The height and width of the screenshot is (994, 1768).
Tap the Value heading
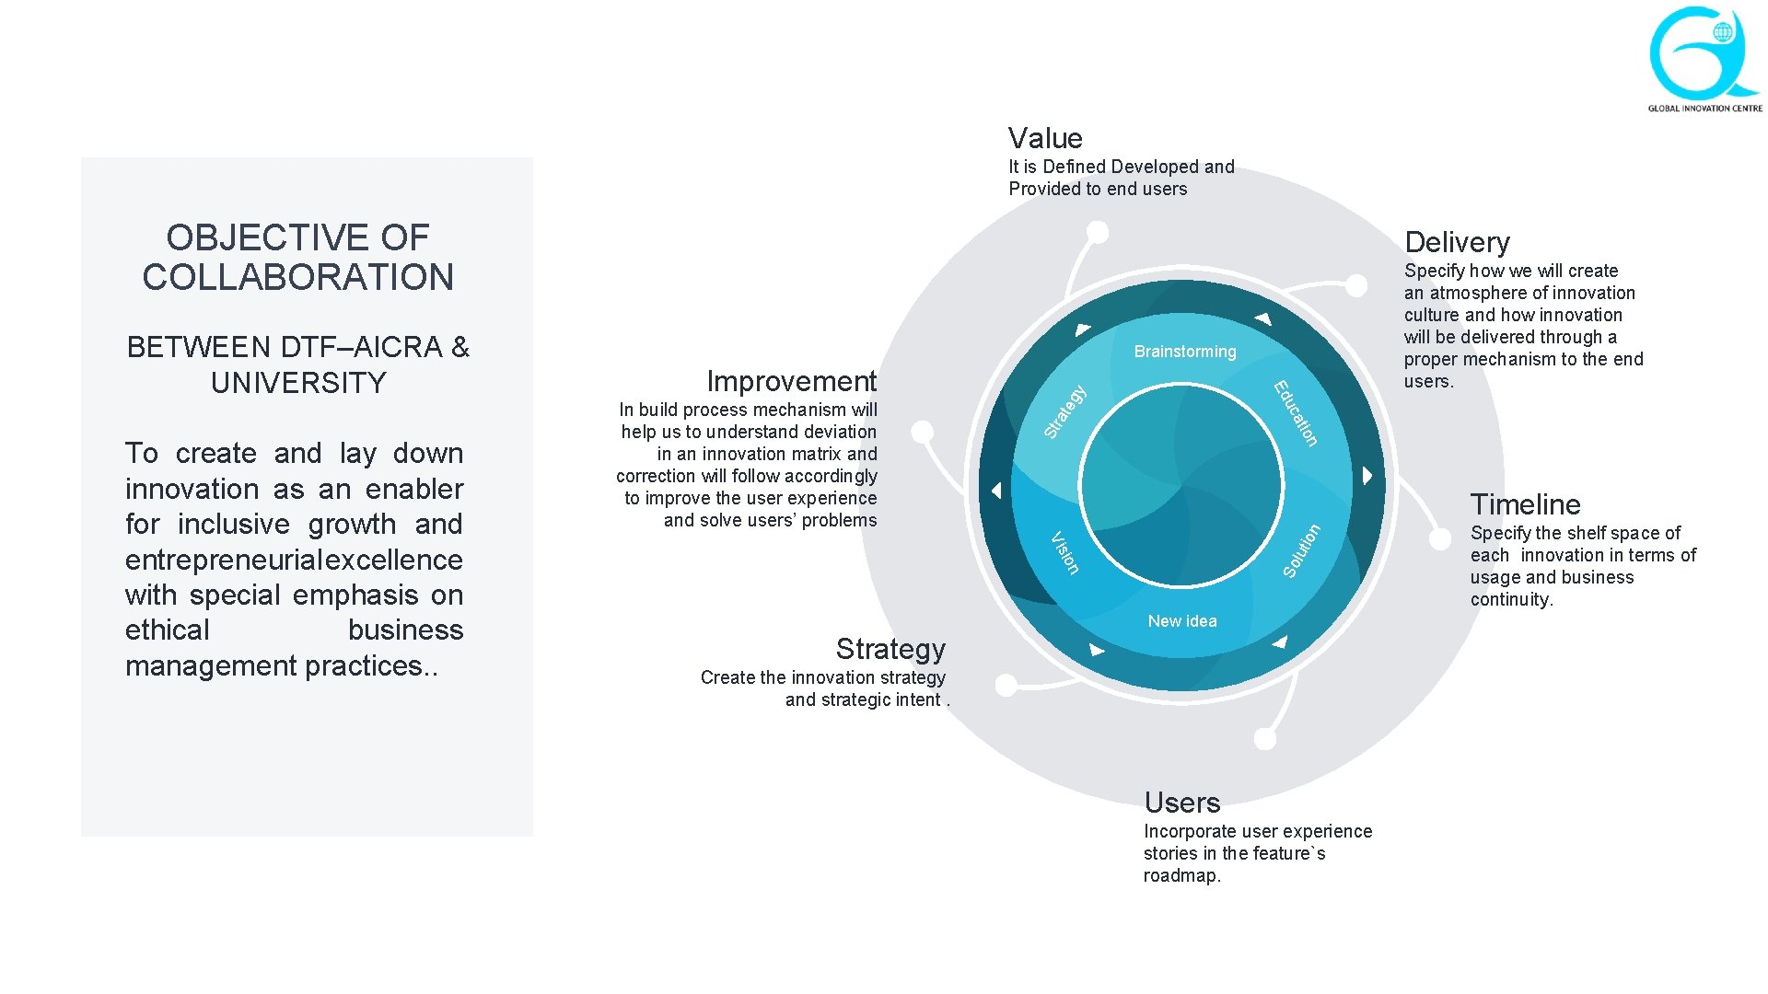point(1045,138)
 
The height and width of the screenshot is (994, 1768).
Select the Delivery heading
point(1457,242)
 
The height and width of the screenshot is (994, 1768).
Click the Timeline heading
point(1525,504)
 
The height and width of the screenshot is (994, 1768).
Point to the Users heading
point(1181,803)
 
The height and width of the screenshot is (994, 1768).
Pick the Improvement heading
point(791,381)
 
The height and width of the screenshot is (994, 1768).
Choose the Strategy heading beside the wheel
point(890,649)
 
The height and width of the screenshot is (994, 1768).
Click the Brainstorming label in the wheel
point(1184,352)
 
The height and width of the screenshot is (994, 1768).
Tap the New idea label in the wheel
point(1182,621)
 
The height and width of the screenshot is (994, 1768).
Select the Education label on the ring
point(1297,413)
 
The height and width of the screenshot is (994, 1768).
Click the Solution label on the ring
point(1302,550)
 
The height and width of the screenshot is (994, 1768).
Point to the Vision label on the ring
point(1064,552)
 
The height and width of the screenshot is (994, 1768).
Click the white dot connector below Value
point(1097,232)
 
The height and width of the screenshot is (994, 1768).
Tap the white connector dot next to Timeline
point(1440,539)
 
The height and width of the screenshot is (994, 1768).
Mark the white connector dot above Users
point(1265,738)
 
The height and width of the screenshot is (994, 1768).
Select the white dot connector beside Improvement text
point(922,432)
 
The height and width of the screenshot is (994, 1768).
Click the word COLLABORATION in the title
point(297,277)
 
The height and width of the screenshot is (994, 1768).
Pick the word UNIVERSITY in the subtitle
point(298,383)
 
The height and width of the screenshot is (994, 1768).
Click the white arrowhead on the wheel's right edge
point(1367,476)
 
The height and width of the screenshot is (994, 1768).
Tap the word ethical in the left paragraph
point(168,630)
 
